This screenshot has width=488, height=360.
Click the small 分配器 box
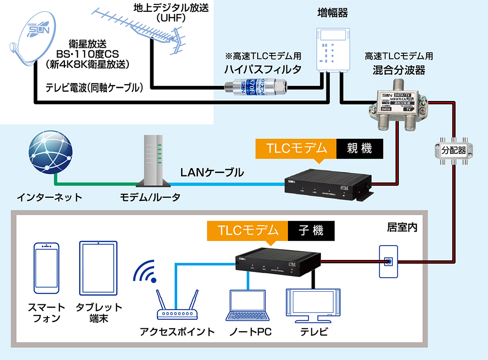[x=454, y=150]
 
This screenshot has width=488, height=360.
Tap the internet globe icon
[x=49, y=152]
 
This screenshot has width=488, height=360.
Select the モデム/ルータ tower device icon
[x=152, y=161]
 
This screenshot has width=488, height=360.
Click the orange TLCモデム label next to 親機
[x=296, y=148]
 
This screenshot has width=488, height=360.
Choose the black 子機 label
[x=311, y=230]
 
